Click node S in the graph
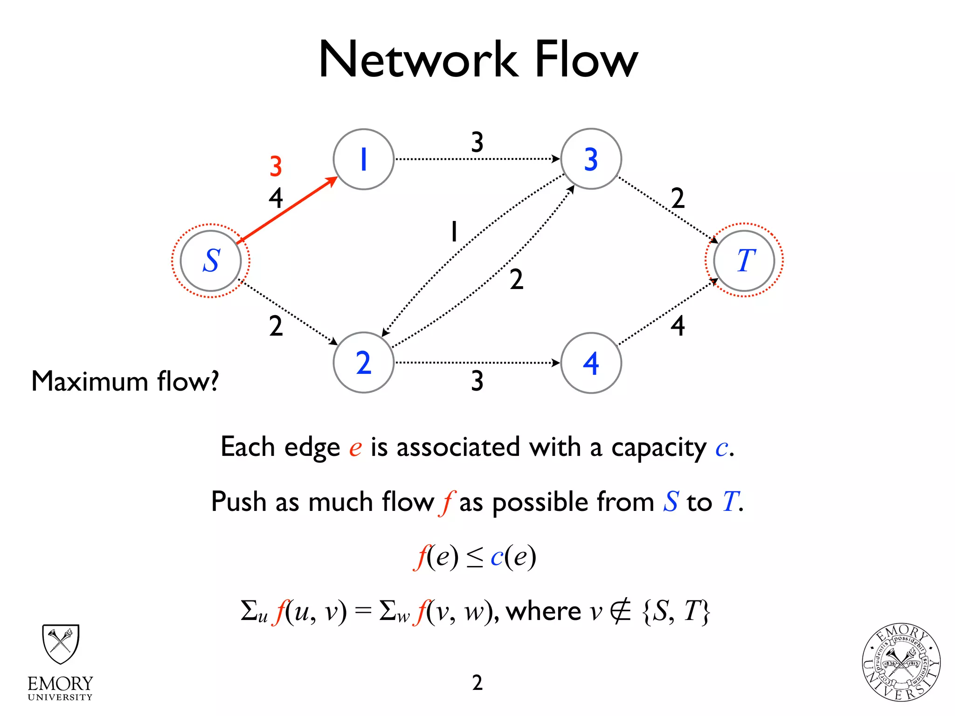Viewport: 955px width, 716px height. click(x=211, y=261)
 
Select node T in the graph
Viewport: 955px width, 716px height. click(x=744, y=261)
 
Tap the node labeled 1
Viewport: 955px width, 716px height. click(x=364, y=159)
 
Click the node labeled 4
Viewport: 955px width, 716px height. click(x=591, y=363)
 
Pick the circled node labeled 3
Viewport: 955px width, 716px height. click(x=591, y=159)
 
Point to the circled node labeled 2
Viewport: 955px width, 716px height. click(x=364, y=363)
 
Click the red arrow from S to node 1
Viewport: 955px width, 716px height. click(x=287, y=210)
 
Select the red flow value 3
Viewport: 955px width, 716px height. click(x=276, y=166)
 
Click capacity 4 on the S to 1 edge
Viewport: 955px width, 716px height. click(x=276, y=198)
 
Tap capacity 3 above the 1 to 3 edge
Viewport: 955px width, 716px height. click(x=477, y=142)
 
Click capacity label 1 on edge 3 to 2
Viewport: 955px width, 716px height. click(x=454, y=232)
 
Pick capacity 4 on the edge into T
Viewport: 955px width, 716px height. click(x=678, y=325)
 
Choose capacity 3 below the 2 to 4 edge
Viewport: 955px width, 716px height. click(x=477, y=381)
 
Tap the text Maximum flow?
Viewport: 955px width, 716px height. click(x=125, y=381)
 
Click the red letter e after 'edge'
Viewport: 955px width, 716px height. click(x=355, y=448)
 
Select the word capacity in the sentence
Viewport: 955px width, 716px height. click(x=659, y=448)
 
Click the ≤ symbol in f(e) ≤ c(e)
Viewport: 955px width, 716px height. click(x=475, y=558)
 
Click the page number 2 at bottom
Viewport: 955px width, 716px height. click(x=477, y=682)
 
